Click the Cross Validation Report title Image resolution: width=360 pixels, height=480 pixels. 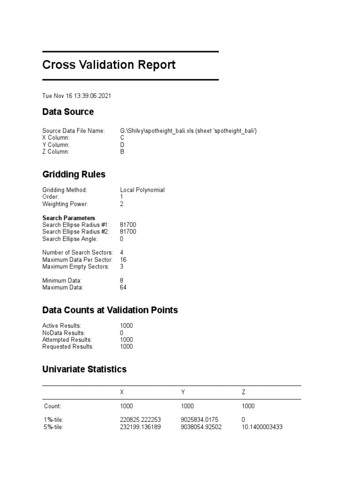pos(109,65)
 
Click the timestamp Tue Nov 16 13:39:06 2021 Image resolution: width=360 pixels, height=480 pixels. pos(76,96)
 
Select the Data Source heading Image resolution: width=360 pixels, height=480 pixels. pos(68,112)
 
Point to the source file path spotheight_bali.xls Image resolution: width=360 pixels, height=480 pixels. pos(188,131)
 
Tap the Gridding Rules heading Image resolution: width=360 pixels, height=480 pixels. pos(74,174)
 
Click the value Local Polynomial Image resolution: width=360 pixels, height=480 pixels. pos(142,190)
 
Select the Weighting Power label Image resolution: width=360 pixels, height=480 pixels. pos(65,204)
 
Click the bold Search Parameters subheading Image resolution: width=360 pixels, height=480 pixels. pos(68,218)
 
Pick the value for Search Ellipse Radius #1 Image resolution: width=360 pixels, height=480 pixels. pos(128,225)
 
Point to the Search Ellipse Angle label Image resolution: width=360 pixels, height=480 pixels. pos(70,239)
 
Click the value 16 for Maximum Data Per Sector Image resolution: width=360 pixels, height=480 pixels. pos(123,260)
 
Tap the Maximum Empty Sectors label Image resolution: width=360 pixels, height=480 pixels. pos(75,267)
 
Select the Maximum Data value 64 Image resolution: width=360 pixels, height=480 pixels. pos(123,287)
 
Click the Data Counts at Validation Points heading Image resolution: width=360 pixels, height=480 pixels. pos(110,310)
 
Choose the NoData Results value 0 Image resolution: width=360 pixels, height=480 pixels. pos(122,333)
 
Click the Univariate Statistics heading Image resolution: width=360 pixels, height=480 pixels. pos(84,369)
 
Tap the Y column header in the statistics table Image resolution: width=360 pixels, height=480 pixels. pos(183,391)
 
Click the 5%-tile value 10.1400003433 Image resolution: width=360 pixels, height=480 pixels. pos(262,427)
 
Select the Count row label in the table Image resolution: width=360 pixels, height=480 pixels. pos(52,406)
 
